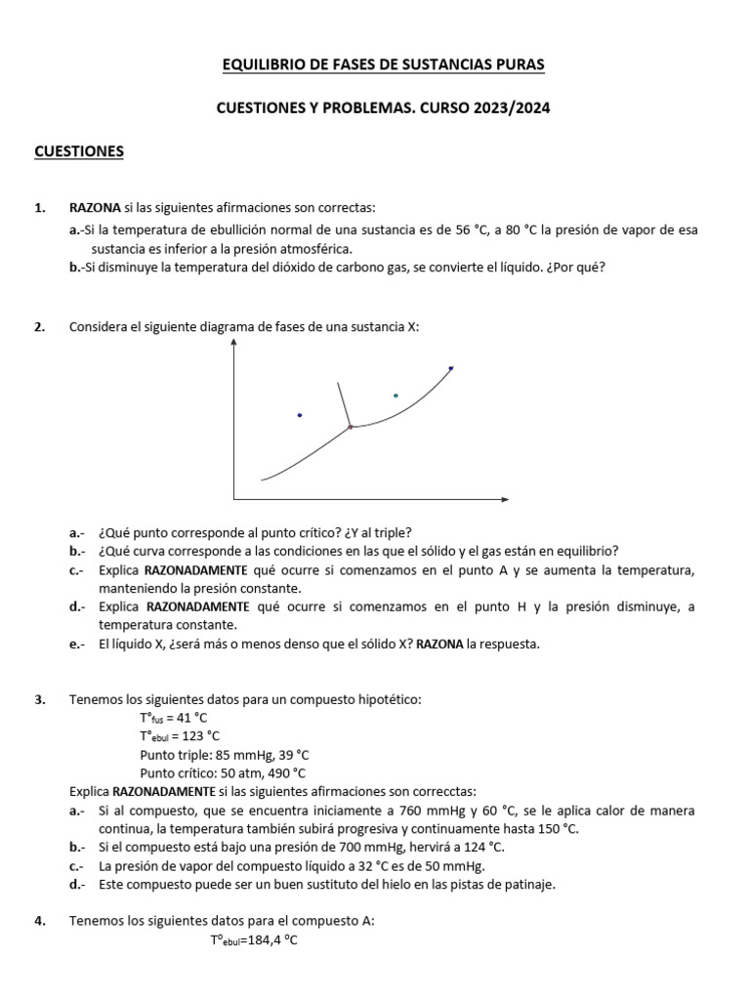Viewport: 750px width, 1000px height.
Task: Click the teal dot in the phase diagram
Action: point(396,396)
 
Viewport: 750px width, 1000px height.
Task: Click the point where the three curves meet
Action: point(351,427)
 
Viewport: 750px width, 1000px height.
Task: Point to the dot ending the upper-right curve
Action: point(450,368)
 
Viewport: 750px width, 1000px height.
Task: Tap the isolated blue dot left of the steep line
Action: point(300,415)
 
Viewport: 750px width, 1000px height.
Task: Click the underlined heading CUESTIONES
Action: point(78,151)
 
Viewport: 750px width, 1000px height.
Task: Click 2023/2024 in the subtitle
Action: point(513,108)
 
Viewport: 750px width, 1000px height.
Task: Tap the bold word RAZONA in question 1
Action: point(95,207)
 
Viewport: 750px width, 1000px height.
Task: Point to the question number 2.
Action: point(39,327)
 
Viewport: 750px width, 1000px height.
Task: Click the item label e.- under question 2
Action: point(77,644)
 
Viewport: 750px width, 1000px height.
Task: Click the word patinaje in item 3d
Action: point(529,885)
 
